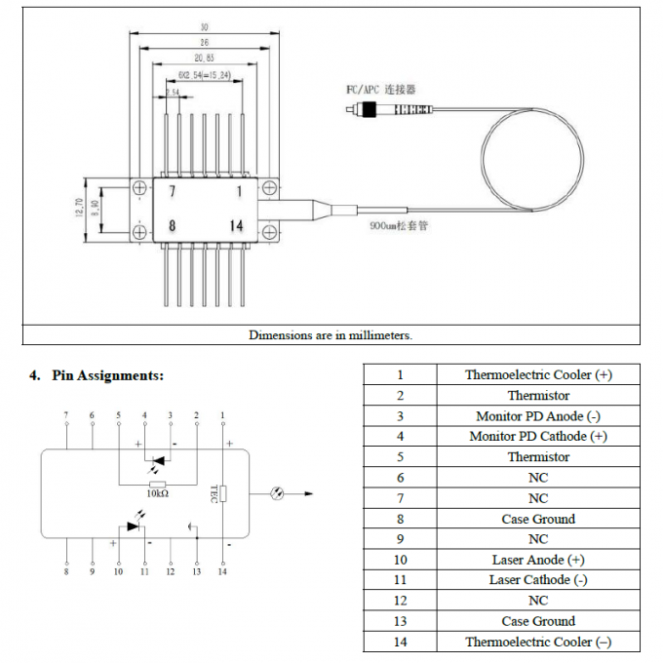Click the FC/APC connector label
click(380, 89)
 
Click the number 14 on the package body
click(236, 225)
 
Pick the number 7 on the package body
click(172, 191)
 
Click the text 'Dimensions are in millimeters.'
click(331, 334)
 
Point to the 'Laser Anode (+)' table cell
click(537, 560)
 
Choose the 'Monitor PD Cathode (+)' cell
click(537, 436)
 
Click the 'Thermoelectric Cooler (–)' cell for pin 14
click(537, 642)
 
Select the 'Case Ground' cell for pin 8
click(537, 519)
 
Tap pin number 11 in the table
click(399, 580)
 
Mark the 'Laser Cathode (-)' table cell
click(537, 580)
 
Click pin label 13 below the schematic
click(196, 571)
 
